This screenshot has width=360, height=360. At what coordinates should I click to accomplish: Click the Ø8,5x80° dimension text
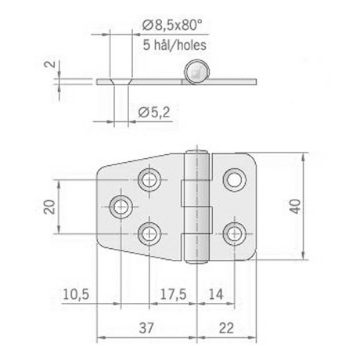[172, 26]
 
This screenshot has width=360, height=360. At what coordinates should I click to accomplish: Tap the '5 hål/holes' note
[175, 45]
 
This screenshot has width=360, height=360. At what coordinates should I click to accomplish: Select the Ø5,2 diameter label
[154, 113]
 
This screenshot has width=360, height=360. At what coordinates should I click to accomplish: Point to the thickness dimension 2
[52, 63]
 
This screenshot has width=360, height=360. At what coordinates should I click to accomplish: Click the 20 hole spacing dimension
[49, 207]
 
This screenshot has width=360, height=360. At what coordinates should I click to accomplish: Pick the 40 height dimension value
[295, 207]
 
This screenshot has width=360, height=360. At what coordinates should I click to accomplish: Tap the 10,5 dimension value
[76, 294]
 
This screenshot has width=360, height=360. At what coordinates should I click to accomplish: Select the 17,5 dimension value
[173, 294]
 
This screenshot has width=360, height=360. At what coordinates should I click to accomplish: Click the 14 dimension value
[216, 294]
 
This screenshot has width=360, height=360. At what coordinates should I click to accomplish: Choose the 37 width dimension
[146, 328]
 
